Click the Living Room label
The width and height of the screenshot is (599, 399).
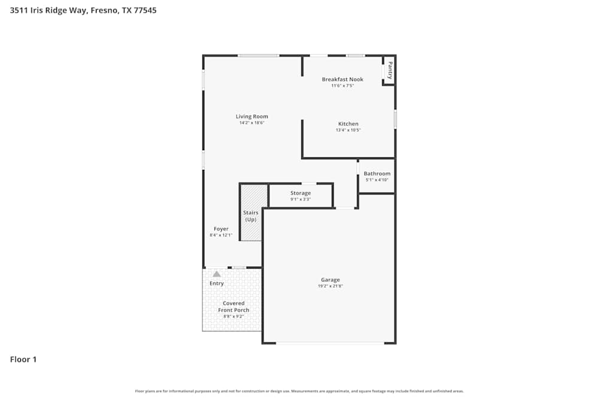[252, 117]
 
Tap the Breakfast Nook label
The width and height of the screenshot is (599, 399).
[342, 80]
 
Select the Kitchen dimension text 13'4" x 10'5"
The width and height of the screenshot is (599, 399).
[348, 130]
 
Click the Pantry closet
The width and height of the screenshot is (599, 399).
[389, 71]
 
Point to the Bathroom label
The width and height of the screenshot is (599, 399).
[377, 173]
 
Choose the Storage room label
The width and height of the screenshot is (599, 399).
[300, 193]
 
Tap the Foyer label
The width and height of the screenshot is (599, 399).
[221, 229]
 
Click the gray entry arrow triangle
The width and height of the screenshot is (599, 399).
[216, 274]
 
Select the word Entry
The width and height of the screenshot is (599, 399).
[216, 284]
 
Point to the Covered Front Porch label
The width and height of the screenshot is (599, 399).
[233, 306]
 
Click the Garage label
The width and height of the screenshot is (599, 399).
[330, 279]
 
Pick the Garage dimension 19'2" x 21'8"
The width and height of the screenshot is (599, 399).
[330, 286]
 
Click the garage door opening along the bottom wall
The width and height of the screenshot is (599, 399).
[329, 343]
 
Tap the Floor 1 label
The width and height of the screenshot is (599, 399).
[23, 360]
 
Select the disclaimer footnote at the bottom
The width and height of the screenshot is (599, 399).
[299, 391]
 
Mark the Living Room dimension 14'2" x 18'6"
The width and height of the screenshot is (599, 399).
[252, 123]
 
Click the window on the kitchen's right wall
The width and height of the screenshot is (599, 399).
[395, 119]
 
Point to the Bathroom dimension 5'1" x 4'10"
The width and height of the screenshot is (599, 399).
[377, 179]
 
